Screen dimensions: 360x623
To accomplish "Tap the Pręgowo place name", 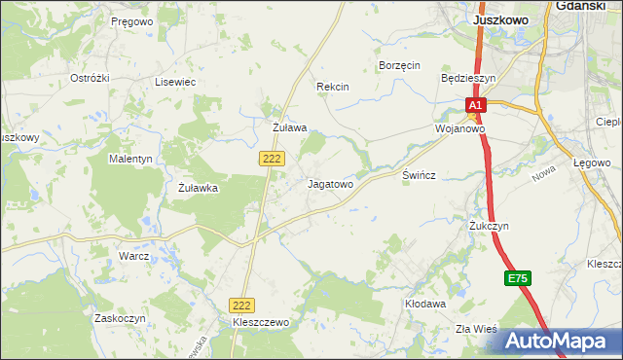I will click(x=132, y=20).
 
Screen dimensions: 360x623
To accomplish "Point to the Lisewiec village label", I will click(x=175, y=83).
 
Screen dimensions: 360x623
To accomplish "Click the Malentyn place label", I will click(x=131, y=158).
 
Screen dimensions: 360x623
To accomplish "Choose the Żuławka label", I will click(x=203, y=189).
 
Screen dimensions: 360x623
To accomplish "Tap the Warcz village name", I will click(x=133, y=256).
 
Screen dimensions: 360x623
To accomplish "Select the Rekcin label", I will click(x=333, y=87).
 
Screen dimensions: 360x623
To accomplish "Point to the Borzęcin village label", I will click(x=398, y=65).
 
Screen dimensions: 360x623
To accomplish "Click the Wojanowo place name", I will click(x=459, y=128).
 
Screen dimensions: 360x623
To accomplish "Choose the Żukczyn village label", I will click(x=489, y=226).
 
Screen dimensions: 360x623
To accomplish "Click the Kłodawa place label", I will click(x=424, y=304).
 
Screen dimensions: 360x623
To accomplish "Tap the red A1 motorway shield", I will click(x=474, y=104).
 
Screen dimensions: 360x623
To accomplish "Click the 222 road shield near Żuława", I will click(x=272, y=157).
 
